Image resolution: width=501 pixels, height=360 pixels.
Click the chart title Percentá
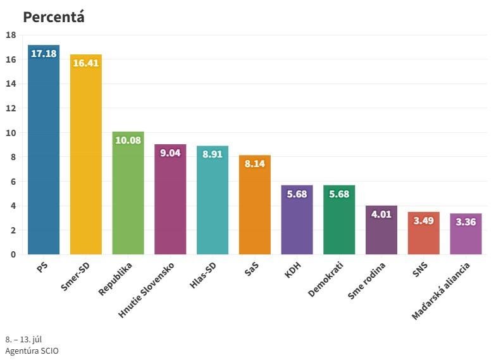pos(54,17)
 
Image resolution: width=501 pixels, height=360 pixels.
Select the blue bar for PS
pos(44,150)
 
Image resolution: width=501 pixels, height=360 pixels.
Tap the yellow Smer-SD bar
pos(86,154)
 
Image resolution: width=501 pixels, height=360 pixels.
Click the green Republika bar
pos(128,193)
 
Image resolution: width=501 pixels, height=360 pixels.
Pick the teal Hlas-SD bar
pos(213,200)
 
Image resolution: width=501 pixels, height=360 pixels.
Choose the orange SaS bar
pos(255,205)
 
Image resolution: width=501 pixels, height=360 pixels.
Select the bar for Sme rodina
pos(381,230)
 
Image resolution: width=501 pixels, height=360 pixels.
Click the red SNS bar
pos(424,233)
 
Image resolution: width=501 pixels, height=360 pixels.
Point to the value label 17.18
pos(44,54)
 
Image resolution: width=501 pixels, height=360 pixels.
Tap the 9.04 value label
pos(170,153)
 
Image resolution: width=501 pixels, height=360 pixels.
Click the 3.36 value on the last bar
pos(466,221)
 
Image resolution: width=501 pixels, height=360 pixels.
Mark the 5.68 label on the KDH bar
pos(297,194)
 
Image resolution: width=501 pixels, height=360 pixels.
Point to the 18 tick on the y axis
pos(11,35)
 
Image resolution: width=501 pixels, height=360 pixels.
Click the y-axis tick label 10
pos(11,133)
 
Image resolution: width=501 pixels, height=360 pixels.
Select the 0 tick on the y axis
pos(13,254)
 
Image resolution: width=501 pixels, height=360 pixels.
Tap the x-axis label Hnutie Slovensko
pos(146,290)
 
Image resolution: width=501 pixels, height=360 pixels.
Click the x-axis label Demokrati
pos(326,279)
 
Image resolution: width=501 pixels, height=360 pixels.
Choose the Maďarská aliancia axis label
pos(441,291)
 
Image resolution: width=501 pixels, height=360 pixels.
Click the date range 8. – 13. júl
pos(23,339)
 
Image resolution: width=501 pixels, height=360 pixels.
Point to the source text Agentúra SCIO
pos(32,351)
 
